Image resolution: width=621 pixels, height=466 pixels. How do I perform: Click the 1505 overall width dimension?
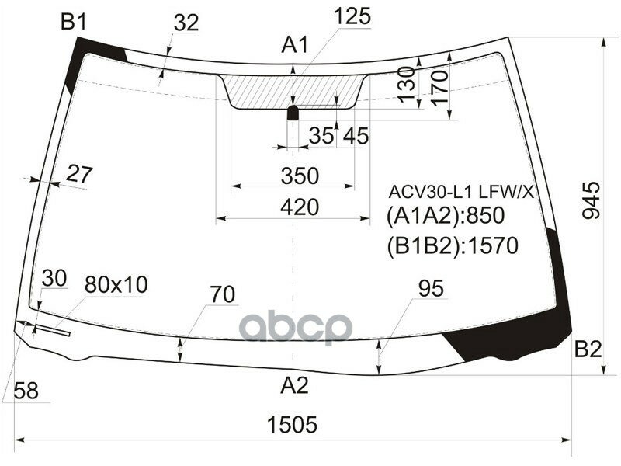click(x=293, y=425)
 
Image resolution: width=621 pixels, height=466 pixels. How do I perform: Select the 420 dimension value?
click(x=300, y=207)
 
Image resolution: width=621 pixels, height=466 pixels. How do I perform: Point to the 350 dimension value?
click(x=300, y=176)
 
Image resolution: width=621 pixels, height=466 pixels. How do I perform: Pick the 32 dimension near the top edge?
click(x=186, y=24)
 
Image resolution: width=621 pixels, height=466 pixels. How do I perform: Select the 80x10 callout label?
click(x=116, y=285)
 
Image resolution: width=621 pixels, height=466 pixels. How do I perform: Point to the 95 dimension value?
click(x=430, y=289)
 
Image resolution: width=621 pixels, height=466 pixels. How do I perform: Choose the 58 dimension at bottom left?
click(x=25, y=392)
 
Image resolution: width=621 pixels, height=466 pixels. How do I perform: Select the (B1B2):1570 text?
click(x=451, y=246)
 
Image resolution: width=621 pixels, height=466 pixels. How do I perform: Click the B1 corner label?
click(x=73, y=23)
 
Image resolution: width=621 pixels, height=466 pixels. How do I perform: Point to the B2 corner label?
click(x=588, y=349)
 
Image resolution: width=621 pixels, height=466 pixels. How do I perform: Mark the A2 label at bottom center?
click(x=294, y=384)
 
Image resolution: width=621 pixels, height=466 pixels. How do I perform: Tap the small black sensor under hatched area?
click(x=293, y=113)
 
